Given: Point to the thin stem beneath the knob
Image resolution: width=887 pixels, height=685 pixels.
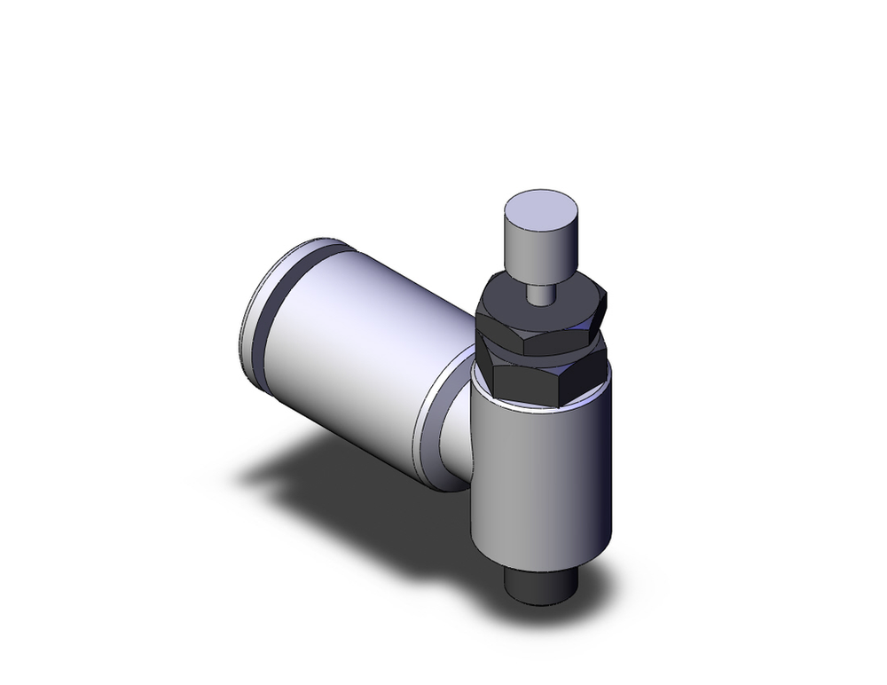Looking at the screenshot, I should pos(538,291).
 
